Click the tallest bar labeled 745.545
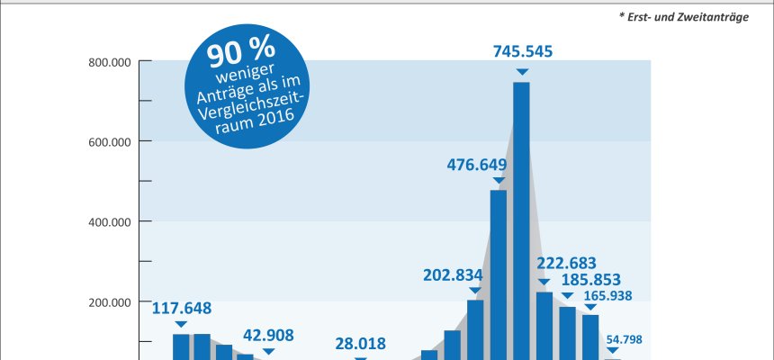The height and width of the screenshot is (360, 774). coord(521,220)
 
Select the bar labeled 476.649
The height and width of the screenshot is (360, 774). coord(498,274)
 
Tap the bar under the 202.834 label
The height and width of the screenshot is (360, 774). coord(475,329)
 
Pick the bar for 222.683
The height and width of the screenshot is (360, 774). coord(544,325)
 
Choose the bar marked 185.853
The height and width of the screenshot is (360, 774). coord(567,333)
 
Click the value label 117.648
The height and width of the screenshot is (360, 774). coord(181,308)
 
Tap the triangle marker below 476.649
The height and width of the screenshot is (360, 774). coord(498,181)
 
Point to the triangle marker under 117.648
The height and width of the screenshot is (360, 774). coord(181,324)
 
